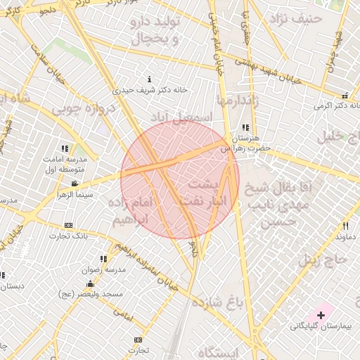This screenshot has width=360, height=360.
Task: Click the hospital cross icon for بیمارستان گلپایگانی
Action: coord(321,314)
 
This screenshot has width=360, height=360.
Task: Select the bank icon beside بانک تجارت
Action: coord(68,225)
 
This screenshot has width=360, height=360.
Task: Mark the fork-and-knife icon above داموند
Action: coord(345,226)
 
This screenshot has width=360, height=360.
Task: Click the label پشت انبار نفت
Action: coord(204,192)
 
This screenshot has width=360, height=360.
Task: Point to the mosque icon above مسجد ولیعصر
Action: coord(89,283)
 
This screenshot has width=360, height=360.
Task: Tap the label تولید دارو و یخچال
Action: coord(156,29)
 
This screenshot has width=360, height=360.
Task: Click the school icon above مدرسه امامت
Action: coord(65,148)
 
